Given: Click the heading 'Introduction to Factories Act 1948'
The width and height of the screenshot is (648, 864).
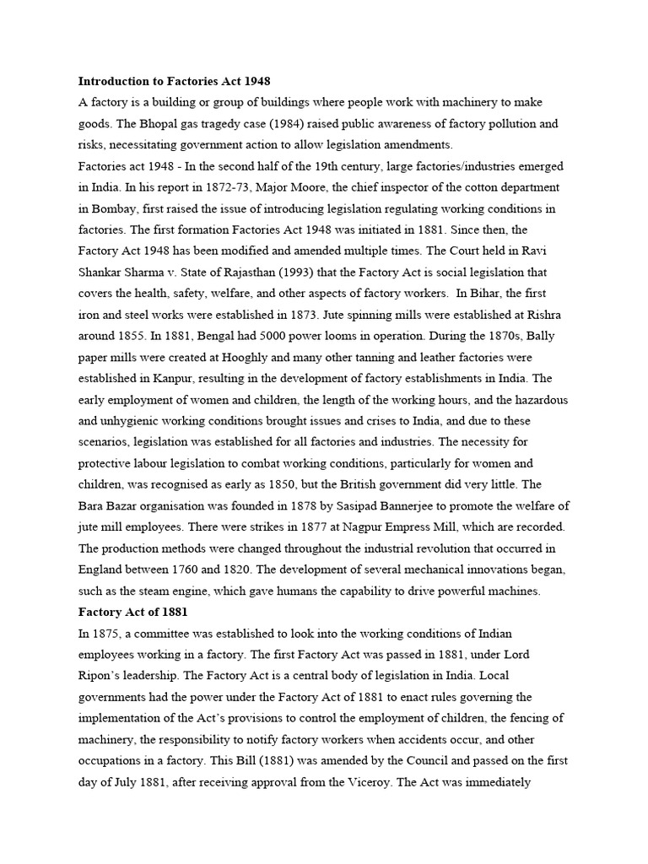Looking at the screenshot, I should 174,82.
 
